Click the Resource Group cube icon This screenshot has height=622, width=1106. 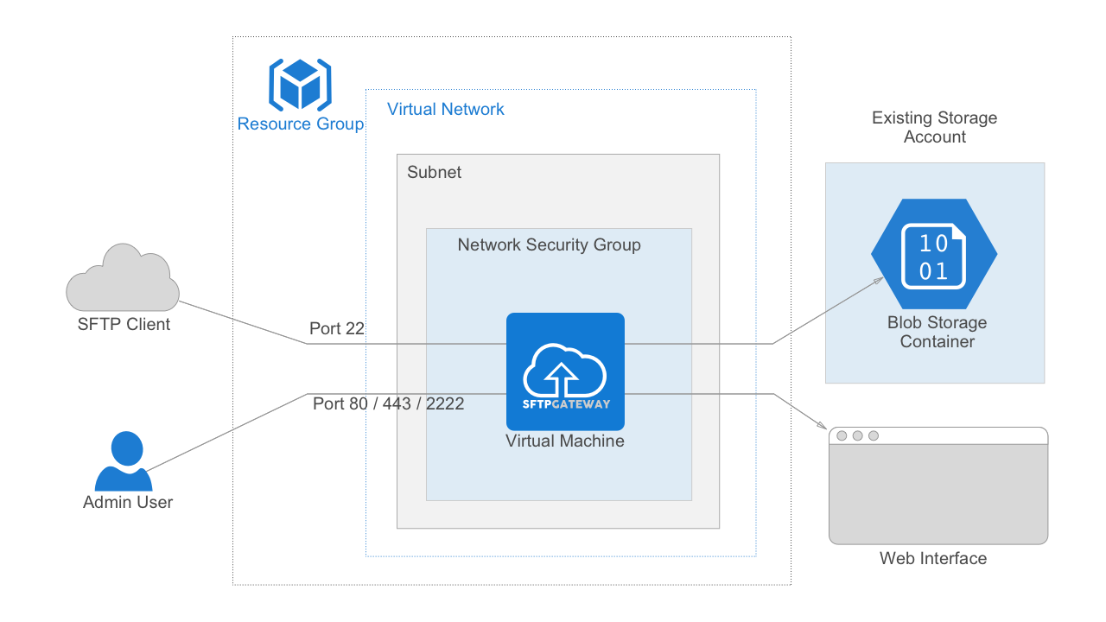(x=300, y=85)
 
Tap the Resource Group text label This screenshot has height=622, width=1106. (x=301, y=124)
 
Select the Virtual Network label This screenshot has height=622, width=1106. (x=445, y=110)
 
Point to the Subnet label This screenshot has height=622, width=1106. (x=434, y=173)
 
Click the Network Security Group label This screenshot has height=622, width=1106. (x=549, y=245)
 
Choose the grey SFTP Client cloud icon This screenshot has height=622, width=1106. (x=123, y=278)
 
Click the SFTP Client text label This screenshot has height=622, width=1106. (x=123, y=325)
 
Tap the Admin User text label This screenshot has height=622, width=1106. (x=128, y=503)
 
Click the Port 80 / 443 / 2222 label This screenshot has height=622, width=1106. (x=388, y=403)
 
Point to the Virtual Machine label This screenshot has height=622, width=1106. (x=565, y=441)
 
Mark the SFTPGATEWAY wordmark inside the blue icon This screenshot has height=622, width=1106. (x=566, y=404)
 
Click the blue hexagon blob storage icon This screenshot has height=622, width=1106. (x=933, y=254)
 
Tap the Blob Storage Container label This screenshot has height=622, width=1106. (x=937, y=333)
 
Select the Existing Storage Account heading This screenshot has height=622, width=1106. (x=934, y=127)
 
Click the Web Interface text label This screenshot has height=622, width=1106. (x=932, y=559)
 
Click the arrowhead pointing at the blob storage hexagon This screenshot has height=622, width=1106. (x=878, y=282)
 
